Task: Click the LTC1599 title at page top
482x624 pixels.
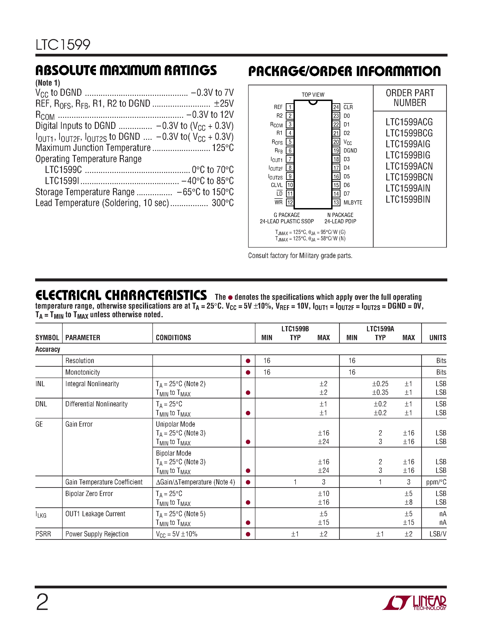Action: click(63, 45)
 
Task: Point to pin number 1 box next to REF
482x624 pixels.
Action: click(290, 107)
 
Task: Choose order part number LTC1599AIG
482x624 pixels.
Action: click(408, 144)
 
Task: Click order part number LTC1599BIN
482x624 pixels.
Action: click(408, 199)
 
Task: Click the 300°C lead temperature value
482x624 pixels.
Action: click(223, 203)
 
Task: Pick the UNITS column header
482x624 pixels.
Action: click(438, 338)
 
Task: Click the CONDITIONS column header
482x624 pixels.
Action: click(173, 338)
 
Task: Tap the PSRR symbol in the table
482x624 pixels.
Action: click(43, 534)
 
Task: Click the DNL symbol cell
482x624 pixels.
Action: click(41, 404)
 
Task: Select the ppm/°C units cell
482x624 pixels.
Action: click(436, 482)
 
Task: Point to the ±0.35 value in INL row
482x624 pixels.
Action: click(380, 393)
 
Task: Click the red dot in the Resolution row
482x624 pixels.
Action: click(248, 361)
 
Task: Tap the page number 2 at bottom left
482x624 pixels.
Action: click(42, 602)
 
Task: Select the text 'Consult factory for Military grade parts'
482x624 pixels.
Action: click(300, 256)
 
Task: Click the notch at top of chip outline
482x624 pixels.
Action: click(313, 103)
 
